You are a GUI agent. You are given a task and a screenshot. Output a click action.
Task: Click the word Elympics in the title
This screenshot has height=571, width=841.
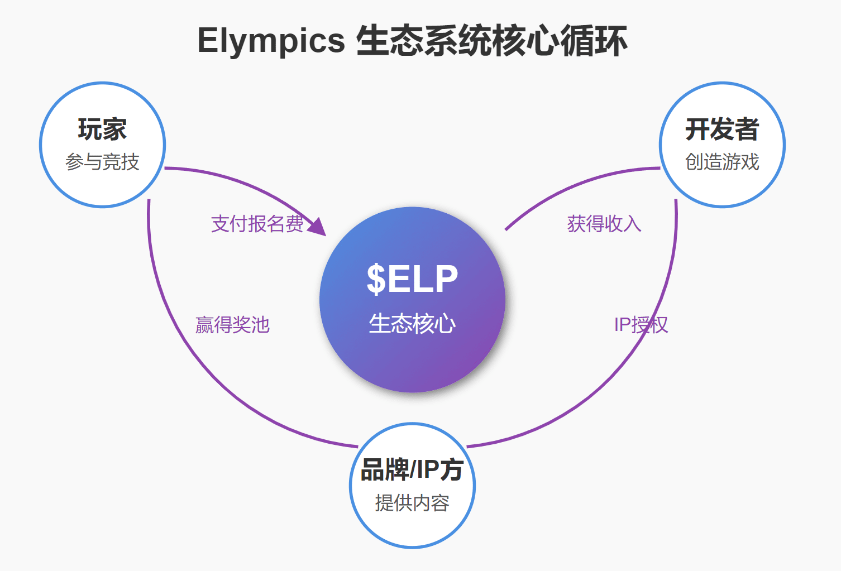[271, 41]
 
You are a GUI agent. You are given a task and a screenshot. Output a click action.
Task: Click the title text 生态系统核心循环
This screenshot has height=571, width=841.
[491, 41]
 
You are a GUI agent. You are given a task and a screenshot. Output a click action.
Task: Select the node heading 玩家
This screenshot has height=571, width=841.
[102, 129]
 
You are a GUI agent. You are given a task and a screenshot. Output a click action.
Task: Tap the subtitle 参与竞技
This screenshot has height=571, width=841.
[102, 162]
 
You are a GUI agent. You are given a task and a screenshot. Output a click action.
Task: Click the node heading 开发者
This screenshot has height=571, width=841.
[722, 129]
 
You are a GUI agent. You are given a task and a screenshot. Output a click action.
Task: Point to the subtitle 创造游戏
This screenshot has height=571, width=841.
[722, 162]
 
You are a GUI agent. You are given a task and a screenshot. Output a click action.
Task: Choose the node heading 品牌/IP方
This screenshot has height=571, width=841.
[412, 469]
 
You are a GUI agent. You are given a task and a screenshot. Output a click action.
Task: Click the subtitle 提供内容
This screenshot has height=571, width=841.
[412, 503]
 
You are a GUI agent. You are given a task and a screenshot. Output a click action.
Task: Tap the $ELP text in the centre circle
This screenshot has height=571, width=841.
[412, 279]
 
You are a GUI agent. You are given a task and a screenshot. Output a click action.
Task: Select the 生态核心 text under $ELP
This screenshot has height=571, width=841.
[412, 324]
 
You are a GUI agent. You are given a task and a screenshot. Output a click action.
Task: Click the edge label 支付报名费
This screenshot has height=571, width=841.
[257, 224]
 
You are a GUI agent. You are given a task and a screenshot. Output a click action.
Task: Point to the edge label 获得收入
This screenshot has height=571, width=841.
[604, 224]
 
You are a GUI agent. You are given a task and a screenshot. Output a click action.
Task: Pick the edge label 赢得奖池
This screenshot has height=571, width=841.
[232, 325]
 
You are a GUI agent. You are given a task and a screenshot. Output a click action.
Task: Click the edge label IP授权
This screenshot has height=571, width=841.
[641, 325]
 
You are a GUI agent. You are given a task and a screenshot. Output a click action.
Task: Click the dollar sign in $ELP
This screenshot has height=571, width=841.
[376, 279]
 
